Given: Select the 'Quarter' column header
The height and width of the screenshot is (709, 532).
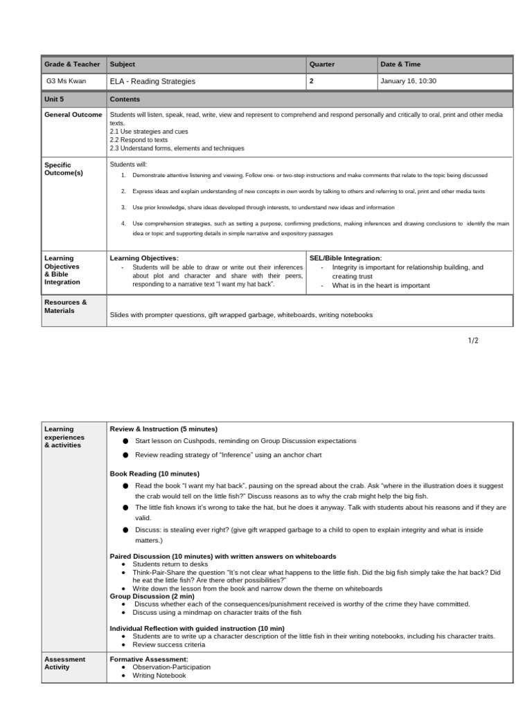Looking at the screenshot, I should click(x=321, y=64).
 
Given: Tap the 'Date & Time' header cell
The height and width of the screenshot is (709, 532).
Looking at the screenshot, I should click(x=400, y=64).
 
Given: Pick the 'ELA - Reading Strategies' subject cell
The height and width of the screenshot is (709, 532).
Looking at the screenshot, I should click(x=152, y=81).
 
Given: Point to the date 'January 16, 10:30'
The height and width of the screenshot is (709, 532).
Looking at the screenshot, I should click(x=408, y=81).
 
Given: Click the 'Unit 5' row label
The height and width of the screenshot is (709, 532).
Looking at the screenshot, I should click(x=54, y=99).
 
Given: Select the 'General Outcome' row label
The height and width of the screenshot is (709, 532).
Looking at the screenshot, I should click(x=73, y=115).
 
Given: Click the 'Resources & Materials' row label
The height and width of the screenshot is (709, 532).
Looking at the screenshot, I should click(x=66, y=307).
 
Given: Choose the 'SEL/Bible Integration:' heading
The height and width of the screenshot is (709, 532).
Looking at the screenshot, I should click(x=345, y=258).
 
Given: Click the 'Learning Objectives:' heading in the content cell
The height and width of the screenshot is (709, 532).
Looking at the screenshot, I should click(x=144, y=258).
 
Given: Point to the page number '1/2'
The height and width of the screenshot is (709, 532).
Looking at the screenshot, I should click(x=472, y=341).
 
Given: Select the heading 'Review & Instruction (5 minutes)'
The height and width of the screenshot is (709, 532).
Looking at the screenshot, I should click(x=163, y=429).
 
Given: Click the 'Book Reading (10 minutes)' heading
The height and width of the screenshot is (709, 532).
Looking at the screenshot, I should click(x=154, y=474).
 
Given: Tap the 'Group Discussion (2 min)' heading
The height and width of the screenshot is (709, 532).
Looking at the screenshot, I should click(x=152, y=595).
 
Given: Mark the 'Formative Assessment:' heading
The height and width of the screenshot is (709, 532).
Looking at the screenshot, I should click(x=149, y=659).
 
